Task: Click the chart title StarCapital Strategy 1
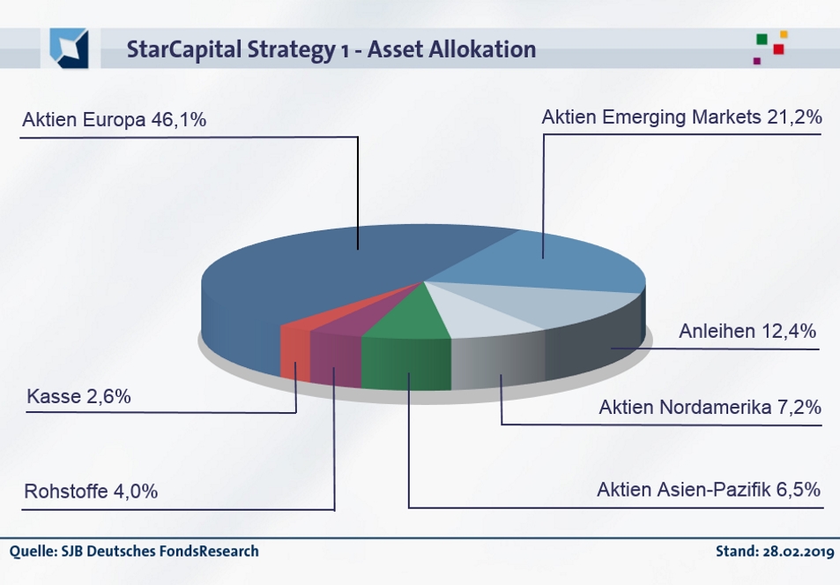click(x=331, y=49)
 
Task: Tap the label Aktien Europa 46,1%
click(x=115, y=119)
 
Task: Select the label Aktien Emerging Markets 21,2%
click(x=681, y=116)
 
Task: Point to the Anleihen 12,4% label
click(x=747, y=332)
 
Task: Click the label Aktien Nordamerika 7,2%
click(x=710, y=407)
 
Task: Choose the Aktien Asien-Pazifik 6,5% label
click(x=709, y=489)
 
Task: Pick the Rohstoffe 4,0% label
click(x=92, y=491)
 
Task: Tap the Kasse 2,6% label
click(x=78, y=397)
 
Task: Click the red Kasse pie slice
click(x=294, y=349)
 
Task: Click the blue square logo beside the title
click(x=69, y=49)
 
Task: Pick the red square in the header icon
click(x=778, y=49)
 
